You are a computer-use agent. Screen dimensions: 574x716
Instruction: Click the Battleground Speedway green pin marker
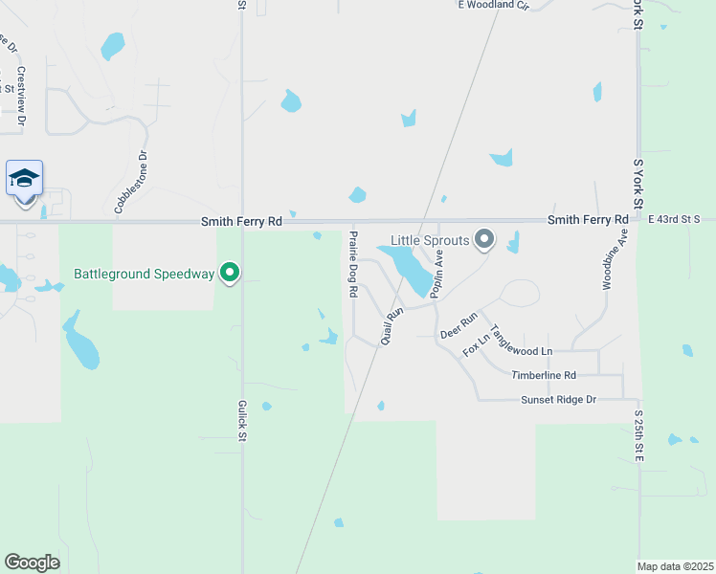(x=230, y=274)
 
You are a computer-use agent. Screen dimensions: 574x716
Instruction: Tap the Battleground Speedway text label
(x=145, y=275)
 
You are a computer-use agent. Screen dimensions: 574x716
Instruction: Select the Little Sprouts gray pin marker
(x=484, y=239)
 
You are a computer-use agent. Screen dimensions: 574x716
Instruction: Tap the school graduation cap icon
(x=24, y=178)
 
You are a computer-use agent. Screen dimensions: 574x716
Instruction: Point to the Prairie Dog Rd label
(x=353, y=263)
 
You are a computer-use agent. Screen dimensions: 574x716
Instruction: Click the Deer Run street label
(x=459, y=326)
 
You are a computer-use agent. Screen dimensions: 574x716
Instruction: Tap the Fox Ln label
(x=477, y=343)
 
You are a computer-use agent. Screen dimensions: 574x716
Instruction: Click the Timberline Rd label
(x=544, y=376)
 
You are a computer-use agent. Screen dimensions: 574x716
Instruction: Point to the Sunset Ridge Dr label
(x=559, y=400)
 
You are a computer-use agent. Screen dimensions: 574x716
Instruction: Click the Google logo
(x=32, y=563)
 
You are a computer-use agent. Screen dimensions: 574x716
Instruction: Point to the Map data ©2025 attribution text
(x=675, y=566)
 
